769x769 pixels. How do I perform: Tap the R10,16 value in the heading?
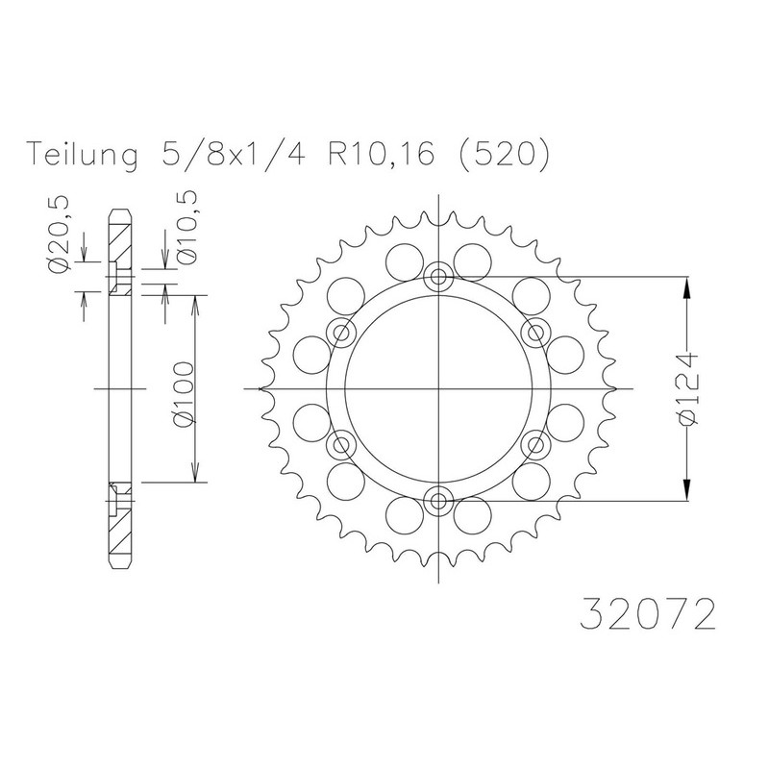381,155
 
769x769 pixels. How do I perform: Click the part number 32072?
647,612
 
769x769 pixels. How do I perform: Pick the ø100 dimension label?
185,395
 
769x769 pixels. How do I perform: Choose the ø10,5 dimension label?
187,227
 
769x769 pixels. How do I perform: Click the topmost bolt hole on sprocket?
438,277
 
